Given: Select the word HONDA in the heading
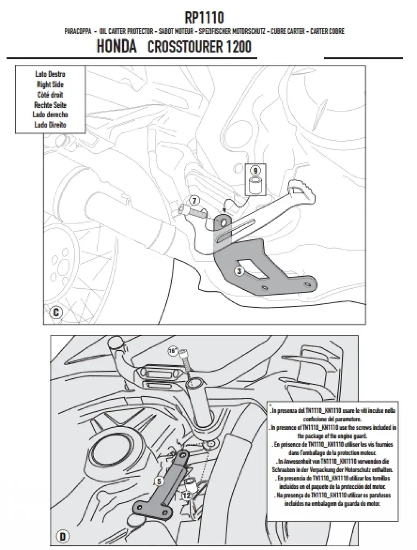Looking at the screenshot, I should coord(116,46).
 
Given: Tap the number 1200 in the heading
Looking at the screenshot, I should coord(237,47).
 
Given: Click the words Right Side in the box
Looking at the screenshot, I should coord(50,85).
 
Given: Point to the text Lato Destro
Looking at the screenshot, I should coord(50,75).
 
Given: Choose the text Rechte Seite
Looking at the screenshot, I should coord(50,105).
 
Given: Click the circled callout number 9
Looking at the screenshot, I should coord(255,170).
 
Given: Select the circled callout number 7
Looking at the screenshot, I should coord(194,200).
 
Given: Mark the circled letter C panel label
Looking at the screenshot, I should coord(55,313).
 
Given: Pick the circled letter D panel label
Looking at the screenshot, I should coord(62,537).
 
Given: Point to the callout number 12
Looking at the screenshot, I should coord(187,495).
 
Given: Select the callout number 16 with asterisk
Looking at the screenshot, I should coord(173,350).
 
